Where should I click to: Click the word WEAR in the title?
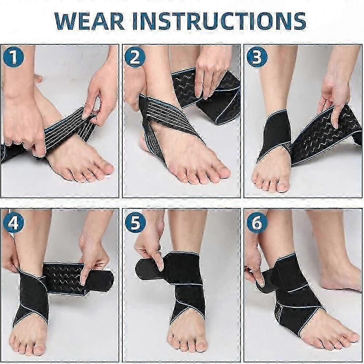pyautogui.click(x=90, y=21)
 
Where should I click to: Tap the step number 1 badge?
pyautogui.click(x=13, y=57)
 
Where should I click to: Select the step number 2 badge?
pyautogui.click(x=135, y=57)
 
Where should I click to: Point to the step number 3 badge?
pyautogui.click(x=257, y=57)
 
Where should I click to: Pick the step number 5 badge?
pyautogui.click(x=135, y=223)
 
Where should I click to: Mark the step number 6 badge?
pyautogui.click(x=257, y=223)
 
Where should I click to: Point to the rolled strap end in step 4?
pyautogui.click(x=79, y=278)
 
